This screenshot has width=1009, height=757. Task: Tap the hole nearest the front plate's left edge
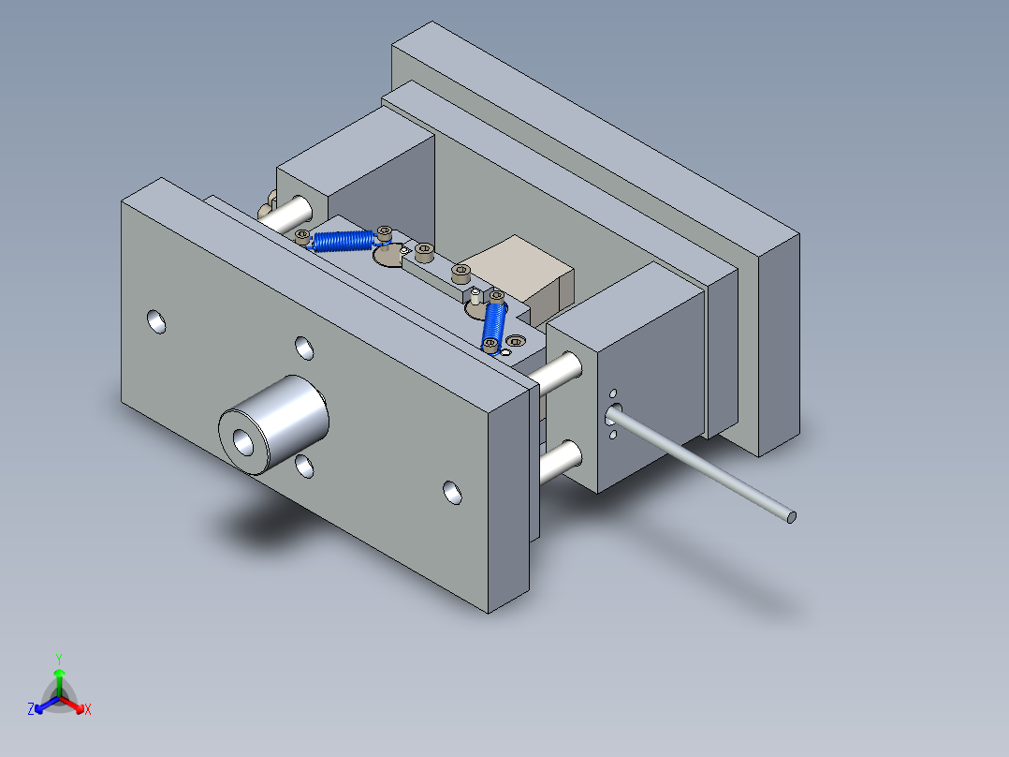156,322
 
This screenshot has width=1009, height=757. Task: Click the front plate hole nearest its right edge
452,492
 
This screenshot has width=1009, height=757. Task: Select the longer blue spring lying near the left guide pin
343,240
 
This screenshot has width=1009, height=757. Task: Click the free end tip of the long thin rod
791,516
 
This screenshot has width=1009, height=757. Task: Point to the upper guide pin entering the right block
558,371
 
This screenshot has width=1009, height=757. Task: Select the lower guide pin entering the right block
560,460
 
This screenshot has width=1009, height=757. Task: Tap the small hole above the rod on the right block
613,393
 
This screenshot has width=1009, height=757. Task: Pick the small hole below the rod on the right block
612,434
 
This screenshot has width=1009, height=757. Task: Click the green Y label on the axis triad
58,658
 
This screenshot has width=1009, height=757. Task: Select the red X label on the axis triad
88,710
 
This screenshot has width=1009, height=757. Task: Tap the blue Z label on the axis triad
31,710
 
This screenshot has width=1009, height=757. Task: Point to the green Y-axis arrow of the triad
59,676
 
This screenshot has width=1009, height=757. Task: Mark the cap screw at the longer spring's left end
302,235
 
